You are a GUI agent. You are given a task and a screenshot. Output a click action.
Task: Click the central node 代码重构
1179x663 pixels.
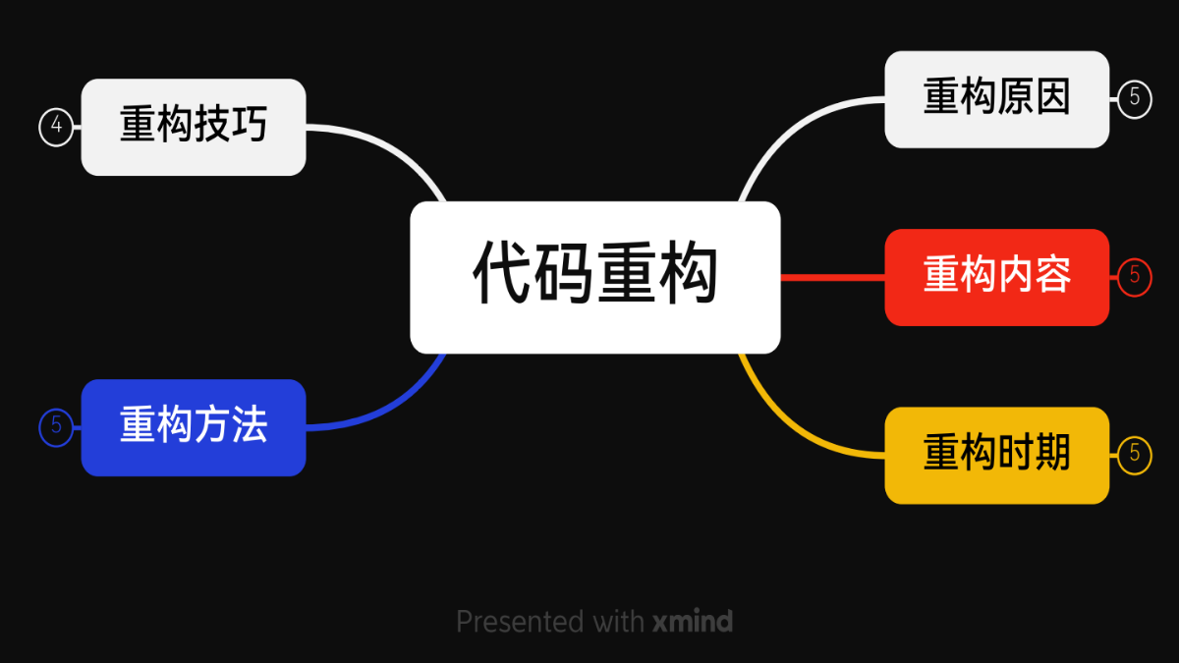pos(594,277)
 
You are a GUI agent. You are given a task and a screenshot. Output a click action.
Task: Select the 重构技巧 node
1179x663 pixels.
pos(194,127)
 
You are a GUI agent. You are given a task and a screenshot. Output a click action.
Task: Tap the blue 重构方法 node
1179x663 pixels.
pos(194,427)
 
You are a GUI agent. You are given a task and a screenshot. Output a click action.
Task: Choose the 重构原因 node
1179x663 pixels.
pos(996,99)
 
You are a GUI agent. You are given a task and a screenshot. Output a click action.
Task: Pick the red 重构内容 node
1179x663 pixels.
pos(996,277)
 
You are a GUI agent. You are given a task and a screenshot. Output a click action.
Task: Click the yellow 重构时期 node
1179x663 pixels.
pos(996,455)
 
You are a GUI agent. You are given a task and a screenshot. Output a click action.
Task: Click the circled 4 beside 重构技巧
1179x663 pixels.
pos(56,127)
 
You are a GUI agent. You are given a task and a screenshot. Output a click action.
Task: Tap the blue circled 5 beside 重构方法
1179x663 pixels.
pos(56,427)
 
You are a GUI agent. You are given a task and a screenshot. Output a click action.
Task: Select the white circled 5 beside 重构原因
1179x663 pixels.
pos(1134,99)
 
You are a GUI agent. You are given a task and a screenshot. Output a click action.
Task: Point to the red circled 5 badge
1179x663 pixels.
pos(1134,277)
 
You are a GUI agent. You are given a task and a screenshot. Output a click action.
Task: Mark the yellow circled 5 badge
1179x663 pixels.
pos(1134,455)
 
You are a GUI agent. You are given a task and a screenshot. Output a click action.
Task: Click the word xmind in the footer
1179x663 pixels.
pos(693,622)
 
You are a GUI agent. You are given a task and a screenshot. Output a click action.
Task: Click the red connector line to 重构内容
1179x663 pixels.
pos(832,277)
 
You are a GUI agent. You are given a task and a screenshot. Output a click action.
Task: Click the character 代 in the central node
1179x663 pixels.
pos(503,275)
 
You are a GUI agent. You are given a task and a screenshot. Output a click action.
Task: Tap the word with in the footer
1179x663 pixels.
pos(619,622)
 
